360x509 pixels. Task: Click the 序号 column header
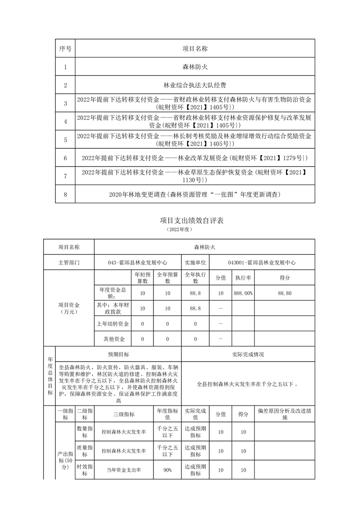65,48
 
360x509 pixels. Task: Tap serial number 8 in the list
65,195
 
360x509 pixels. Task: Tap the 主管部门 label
69,262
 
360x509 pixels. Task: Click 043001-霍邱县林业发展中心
262,262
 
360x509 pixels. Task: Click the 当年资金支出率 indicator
123,470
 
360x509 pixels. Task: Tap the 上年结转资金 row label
113,324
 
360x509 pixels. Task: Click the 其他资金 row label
113,339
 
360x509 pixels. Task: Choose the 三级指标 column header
123,414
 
